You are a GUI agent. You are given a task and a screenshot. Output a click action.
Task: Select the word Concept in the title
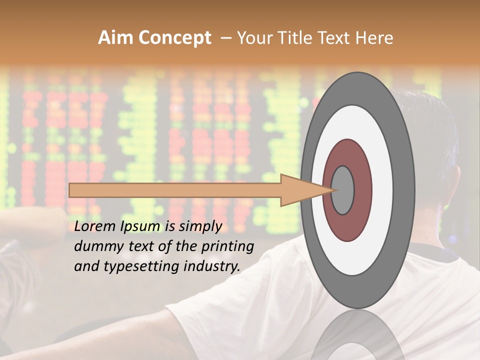click(175, 38)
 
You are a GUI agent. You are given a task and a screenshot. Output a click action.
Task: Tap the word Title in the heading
click(292, 38)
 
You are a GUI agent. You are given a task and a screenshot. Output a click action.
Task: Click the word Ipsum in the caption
click(140, 226)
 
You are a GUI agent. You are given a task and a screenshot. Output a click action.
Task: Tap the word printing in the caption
click(228, 247)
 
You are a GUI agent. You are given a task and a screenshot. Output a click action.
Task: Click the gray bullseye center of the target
click(343, 190)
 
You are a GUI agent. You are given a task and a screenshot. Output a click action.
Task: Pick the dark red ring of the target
click(361, 190)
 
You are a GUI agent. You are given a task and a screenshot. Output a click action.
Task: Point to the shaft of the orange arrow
click(175, 190)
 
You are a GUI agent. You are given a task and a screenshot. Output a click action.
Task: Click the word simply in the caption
click(199, 226)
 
